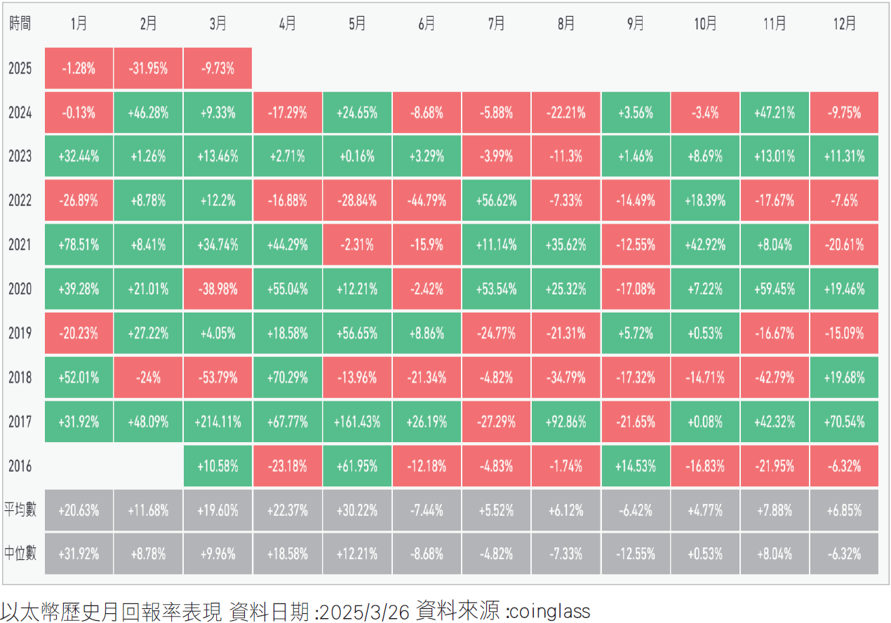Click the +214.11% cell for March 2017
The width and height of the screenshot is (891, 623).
217,422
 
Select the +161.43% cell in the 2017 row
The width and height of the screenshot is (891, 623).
357,422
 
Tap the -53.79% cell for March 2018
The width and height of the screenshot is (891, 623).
217,378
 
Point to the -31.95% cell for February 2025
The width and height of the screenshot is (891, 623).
148,69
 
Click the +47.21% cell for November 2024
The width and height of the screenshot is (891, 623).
775,112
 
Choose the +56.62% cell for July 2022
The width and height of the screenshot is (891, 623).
496,200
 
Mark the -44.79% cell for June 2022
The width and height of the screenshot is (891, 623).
427,200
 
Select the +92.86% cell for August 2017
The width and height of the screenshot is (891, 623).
565,422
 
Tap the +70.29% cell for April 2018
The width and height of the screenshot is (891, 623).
288,378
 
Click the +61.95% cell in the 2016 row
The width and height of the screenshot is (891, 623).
357,466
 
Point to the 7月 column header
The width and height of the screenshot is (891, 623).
496,24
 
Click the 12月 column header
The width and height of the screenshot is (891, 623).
844,24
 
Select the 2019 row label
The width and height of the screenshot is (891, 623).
20,334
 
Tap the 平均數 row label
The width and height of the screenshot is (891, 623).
20,509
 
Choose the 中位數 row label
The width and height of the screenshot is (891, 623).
20,554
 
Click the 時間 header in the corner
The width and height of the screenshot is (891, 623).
20,24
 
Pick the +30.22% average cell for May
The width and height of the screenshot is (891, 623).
357,510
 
